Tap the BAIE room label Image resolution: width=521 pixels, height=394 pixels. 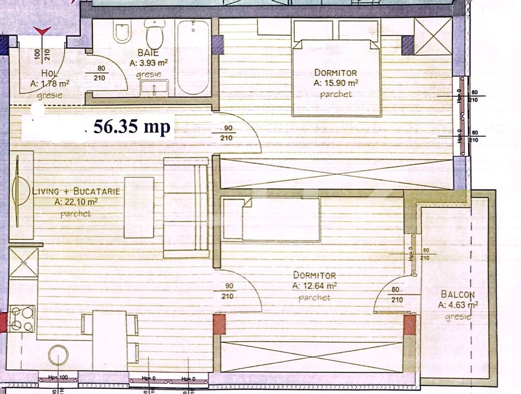(148, 53)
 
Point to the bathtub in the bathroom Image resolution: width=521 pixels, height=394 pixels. (193, 53)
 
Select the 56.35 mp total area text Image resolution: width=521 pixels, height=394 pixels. (132, 127)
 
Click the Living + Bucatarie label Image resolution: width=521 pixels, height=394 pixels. (76, 191)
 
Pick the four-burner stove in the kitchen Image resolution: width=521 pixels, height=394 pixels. (21, 319)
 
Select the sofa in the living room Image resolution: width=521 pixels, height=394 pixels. (186, 207)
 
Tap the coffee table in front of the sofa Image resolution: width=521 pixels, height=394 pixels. (139, 208)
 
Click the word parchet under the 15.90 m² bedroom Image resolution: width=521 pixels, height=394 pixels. (336, 95)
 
